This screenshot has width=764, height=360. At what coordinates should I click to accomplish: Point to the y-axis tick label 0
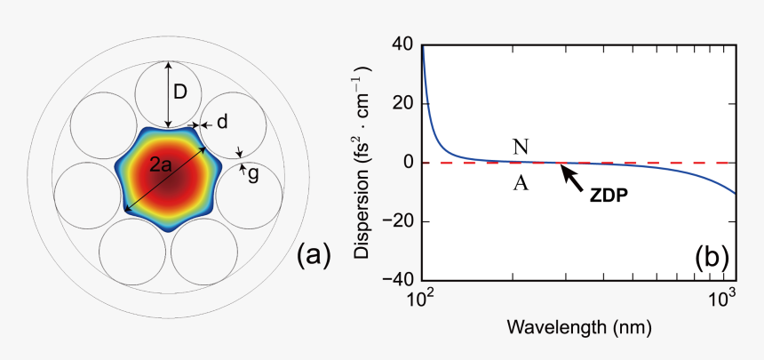pyautogui.click(x=408, y=163)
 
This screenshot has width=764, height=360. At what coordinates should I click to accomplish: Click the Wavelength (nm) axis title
pyautogui.click(x=578, y=328)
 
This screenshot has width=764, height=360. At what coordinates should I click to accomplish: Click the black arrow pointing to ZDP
pyautogui.click(x=573, y=178)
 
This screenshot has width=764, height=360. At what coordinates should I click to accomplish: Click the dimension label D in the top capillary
pyautogui.click(x=180, y=92)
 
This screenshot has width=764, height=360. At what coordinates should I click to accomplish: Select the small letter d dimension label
pyautogui.click(x=222, y=120)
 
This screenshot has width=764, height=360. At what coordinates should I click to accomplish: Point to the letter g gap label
pyautogui.click(x=253, y=174)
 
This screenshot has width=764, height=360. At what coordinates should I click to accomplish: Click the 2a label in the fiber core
pyautogui.click(x=160, y=165)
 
